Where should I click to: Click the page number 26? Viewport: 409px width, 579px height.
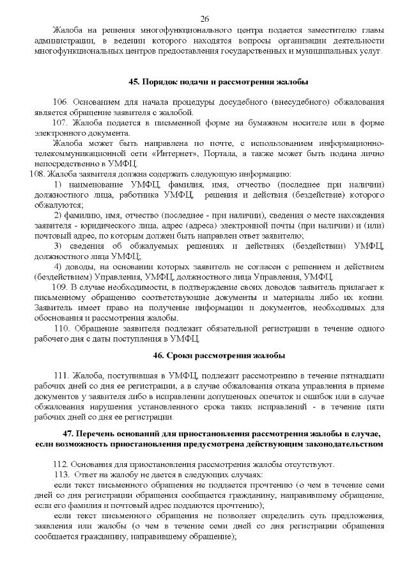point(204,19)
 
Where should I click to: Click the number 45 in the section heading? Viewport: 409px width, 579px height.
point(134,83)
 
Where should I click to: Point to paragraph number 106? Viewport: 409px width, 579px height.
point(60,102)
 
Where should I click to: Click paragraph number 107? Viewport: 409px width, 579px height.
point(60,122)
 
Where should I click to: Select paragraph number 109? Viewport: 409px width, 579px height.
point(60,289)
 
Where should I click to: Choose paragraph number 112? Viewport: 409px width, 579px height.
point(60,464)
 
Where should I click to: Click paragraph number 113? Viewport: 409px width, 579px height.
point(61,475)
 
